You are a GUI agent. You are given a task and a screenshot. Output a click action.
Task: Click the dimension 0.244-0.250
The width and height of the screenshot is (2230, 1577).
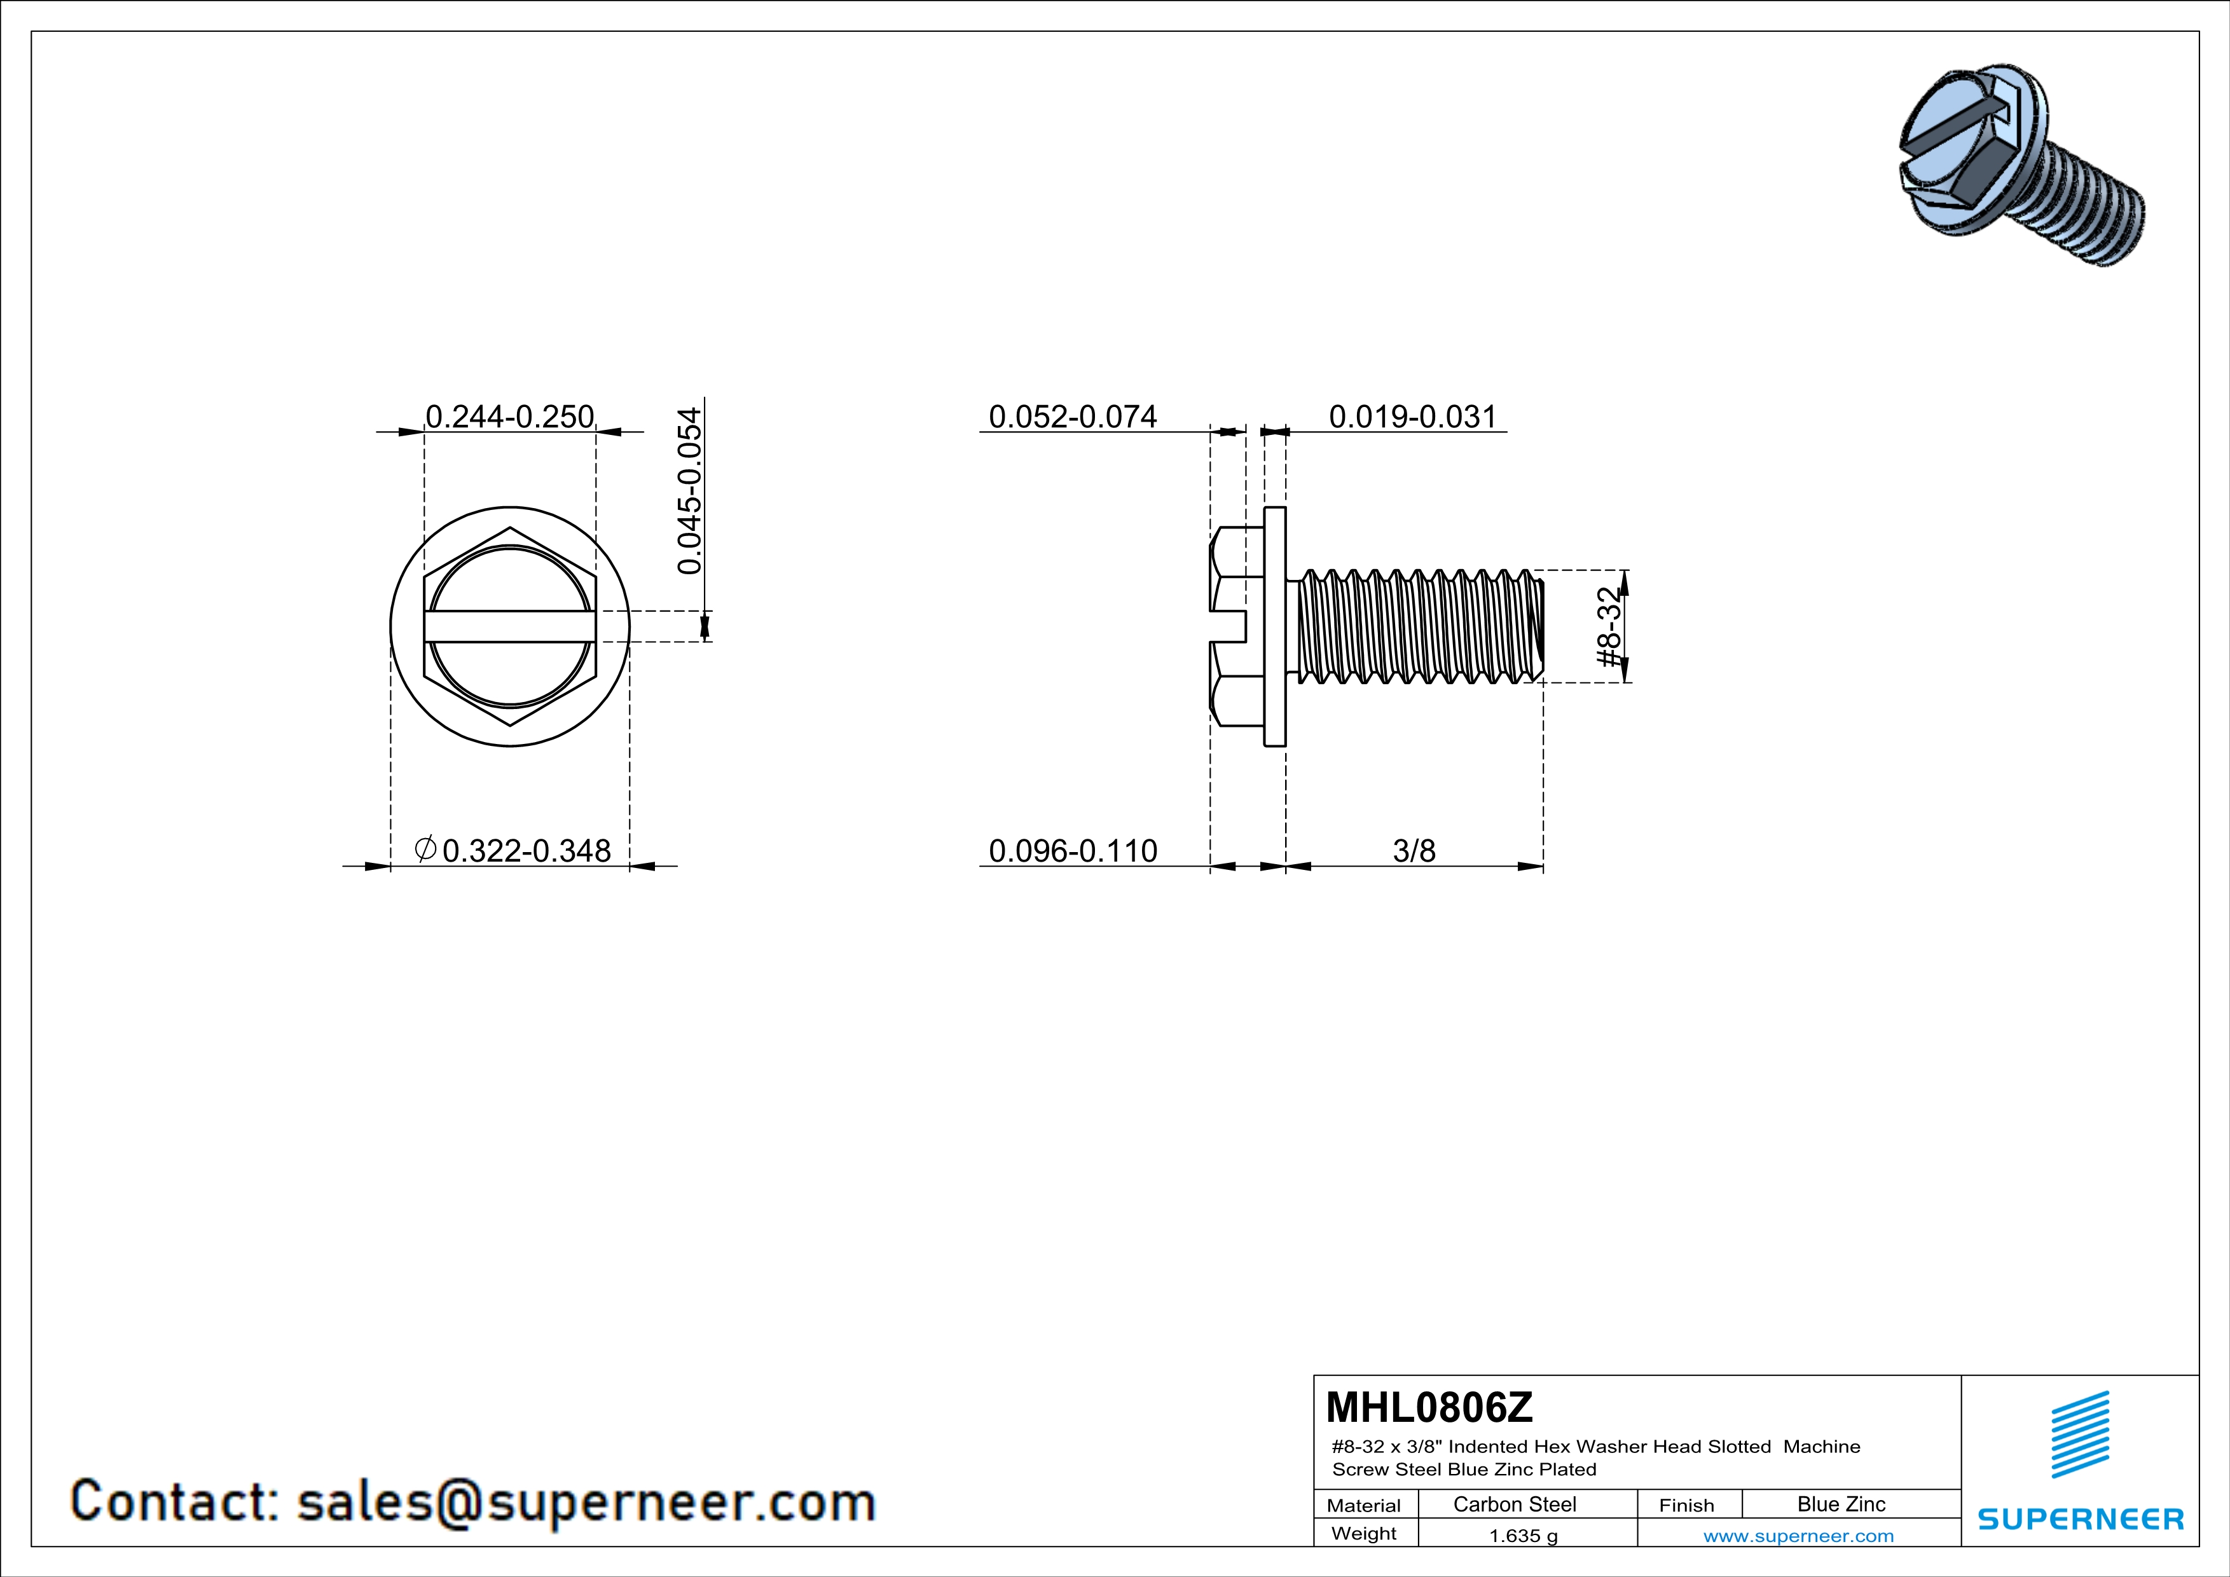tap(510, 417)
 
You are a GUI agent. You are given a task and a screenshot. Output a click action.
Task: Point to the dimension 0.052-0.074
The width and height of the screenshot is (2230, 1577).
tap(1072, 417)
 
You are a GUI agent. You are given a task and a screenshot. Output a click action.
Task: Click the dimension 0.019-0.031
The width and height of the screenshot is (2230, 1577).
tap(1412, 417)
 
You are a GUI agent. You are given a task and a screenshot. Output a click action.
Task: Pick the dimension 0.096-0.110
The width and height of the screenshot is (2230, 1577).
tap(1072, 851)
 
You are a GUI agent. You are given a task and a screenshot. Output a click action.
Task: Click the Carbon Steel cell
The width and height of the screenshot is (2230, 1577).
tap(1514, 1504)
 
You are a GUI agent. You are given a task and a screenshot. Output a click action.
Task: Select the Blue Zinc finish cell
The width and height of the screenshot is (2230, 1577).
tap(1840, 1504)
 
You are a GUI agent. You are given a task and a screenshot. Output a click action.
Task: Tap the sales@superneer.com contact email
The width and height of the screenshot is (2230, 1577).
tap(586, 1501)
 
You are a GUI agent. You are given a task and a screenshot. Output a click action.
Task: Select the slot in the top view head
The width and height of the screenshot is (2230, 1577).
tap(510, 626)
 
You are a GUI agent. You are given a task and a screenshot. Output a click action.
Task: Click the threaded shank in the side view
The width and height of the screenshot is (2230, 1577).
tap(1418, 626)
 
